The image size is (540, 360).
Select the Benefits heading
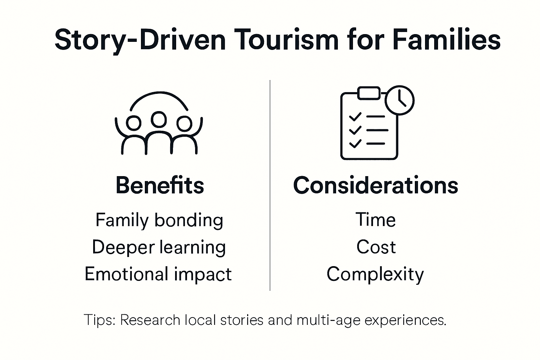point(160,185)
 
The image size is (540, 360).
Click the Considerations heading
point(375,185)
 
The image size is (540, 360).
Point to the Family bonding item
point(159,220)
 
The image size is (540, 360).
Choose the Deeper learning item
point(159,247)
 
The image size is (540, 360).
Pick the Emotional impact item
point(158,274)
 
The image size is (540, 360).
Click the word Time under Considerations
point(375,220)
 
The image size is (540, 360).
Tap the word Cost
point(376,247)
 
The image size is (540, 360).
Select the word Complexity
point(375,274)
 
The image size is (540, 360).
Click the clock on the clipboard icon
point(400,100)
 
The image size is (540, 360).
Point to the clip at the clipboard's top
point(369,93)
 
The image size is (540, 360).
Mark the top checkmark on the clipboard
point(355,116)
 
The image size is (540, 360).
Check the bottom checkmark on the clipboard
point(355,143)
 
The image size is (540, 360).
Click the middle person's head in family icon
point(159,119)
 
